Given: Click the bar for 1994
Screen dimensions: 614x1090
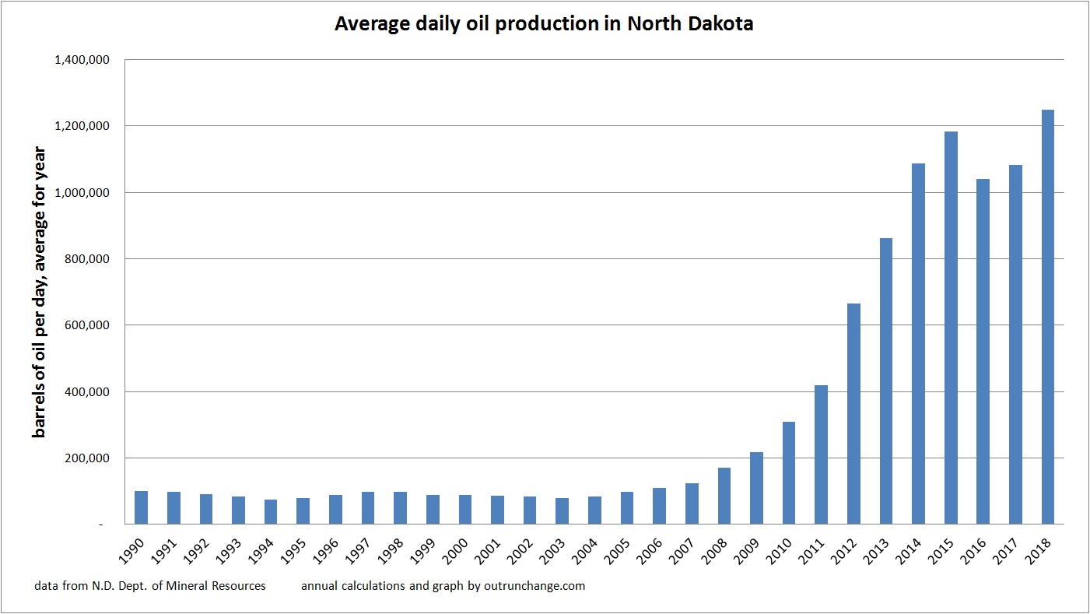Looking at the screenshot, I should pos(271,512).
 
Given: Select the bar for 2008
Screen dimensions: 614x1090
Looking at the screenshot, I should pos(724,496).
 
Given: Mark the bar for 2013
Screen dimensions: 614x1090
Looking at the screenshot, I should pos(886,381).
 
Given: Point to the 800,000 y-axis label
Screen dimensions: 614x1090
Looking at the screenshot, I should pos(91,259).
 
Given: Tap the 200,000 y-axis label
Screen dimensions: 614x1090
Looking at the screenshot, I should pos(91,458).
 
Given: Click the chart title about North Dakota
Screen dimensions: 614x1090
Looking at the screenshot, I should pos(544,24).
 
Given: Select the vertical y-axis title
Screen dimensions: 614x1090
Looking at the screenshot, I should pos(38,292).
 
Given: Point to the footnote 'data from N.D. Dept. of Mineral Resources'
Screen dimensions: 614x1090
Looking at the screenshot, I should pos(150,586).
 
